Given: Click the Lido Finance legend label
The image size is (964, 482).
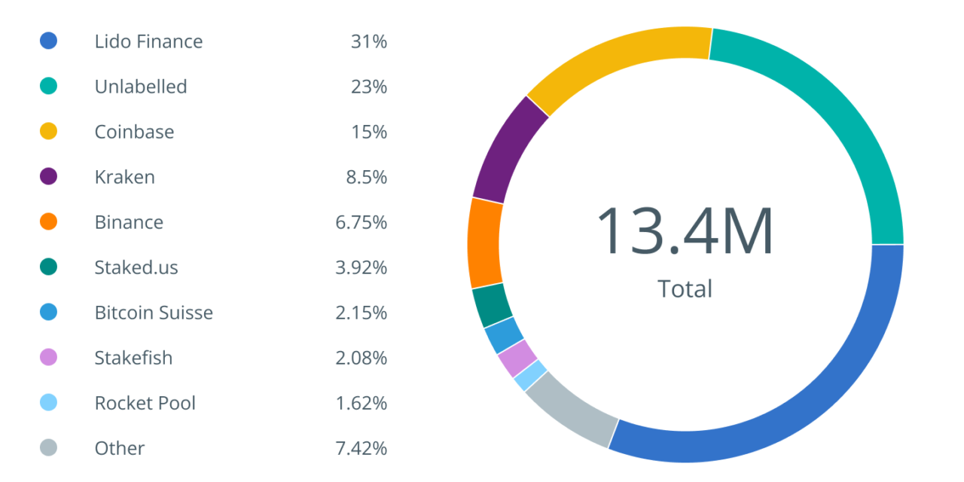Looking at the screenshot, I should [x=148, y=41].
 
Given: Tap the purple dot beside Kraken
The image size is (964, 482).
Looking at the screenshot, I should [x=48, y=177].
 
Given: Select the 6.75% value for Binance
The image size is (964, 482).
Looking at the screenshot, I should [x=361, y=222].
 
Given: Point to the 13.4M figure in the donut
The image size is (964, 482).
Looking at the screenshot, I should [x=685, y=231].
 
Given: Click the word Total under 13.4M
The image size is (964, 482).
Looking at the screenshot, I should [x=685, y=288].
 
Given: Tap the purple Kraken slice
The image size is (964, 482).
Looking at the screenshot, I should [x=507, y=151].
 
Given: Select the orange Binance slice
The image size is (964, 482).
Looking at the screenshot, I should [x=484, y=243].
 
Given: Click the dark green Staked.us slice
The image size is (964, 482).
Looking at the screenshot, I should [x=493, y=305].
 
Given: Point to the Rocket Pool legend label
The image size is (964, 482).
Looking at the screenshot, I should [x=145, y=403].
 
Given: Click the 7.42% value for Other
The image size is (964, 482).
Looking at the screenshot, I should [x=361, y=448].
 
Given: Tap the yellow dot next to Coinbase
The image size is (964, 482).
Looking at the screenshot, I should [x=48, y=132].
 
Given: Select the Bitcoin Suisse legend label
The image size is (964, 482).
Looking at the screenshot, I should [x=154, y=313].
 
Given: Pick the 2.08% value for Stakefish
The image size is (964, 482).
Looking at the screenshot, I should [x=361, y=358].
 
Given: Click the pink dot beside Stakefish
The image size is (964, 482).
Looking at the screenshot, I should [x=48, y=358].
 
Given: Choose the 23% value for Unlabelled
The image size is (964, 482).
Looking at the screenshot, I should [x=368, y=87].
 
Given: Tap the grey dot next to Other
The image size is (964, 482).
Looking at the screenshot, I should [x=48, y=448].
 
